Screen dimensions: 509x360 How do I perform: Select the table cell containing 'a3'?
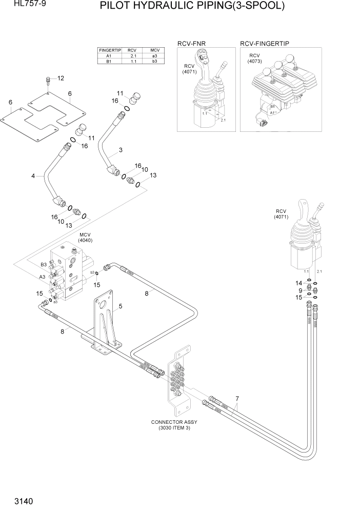pyautogui.click(x=154, y=55)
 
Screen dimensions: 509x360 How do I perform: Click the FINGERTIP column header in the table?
pyautogui.click(x=109, y=50)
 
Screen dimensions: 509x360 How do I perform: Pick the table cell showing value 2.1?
pyautogui.click(x=132, y=55)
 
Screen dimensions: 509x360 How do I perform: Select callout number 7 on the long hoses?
pyautogui.click(x=237, y=398)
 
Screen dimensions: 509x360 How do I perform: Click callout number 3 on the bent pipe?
pyautogui.click(x=121, y=150)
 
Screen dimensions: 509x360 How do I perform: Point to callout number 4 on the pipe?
pyautogui.click(x=33, y=176)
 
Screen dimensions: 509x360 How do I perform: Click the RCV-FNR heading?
pyautogui.click(x=191, y=44)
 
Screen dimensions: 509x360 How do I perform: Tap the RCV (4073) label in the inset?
pyautogui.click(x=254, y=58)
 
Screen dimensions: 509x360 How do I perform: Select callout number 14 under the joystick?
pyautogui.click(x=298, y=283)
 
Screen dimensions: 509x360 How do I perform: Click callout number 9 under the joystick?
pyautogui.click(x=300, y=290)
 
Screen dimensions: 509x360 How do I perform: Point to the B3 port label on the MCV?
pyautogui.click(x=44, y=264)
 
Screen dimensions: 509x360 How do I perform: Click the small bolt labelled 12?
pyautogui.click(x=48, y=80)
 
